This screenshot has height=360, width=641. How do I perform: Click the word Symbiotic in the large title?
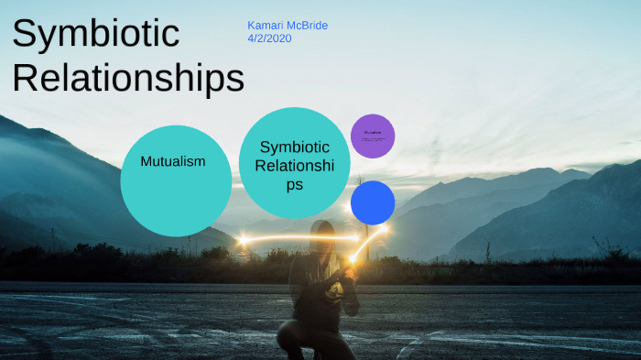[95, 34]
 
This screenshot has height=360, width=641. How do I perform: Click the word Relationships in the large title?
[128, 79]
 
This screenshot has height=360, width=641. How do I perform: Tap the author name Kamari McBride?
[287, 26]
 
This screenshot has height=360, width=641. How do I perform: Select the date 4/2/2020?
[269, 39]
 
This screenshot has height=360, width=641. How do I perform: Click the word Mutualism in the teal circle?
[172, 161]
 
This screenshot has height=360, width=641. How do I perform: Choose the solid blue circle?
[373, 202]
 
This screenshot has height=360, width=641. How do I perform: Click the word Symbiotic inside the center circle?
[294, 147]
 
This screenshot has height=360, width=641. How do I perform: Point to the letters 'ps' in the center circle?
[294, 185]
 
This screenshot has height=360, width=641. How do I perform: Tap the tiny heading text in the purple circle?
[373, 133]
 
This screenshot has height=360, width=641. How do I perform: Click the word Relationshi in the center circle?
[294, 166]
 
